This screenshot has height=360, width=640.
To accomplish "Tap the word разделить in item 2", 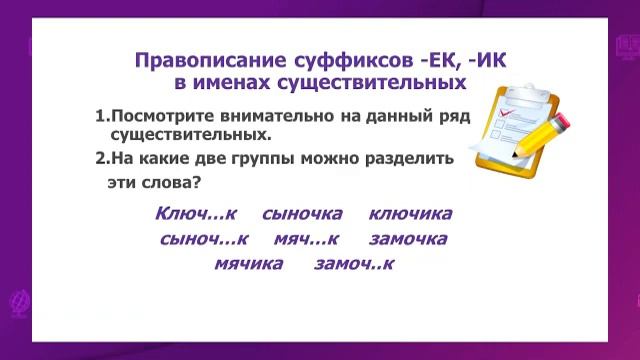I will click(x=411, y=158).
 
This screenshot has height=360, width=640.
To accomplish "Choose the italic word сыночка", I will click(x=302, y=214).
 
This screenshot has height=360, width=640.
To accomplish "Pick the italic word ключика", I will click(x=411, y=214).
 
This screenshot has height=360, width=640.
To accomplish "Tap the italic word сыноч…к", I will click(x=203, y=239).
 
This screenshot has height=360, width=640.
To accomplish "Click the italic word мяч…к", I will click(x=307, y=239).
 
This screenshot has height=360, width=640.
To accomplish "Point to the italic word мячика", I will click(x=249, y=265).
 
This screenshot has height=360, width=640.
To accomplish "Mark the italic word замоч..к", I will click(x=355, y=265).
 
